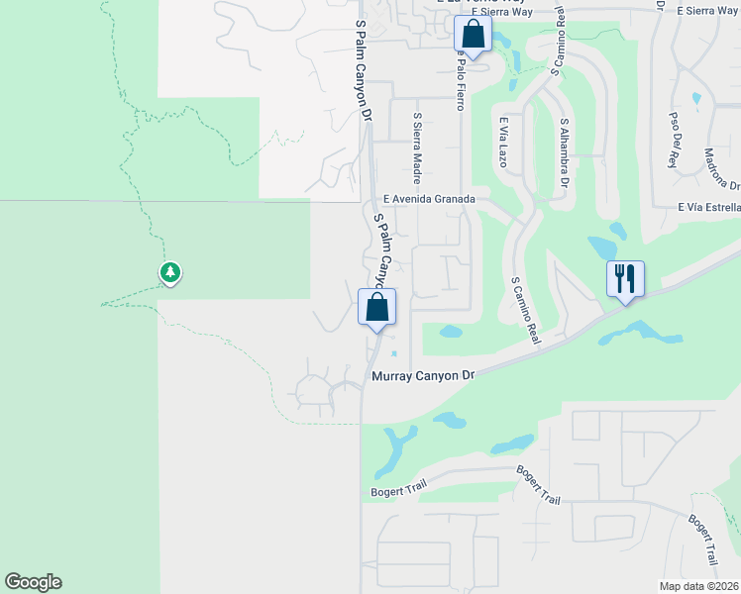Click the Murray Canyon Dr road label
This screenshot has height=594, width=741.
click(x=423, y=376)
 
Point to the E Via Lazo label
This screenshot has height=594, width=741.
click(x=503, y=143)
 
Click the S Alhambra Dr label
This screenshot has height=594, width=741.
click(x=565, y=154)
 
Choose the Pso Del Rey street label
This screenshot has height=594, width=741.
click(x=674, y=140)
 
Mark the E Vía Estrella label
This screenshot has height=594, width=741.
click(x=709, y=207)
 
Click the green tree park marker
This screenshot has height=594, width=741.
click(x=170, y=272)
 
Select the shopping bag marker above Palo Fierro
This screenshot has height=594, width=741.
click(x=474, y=35)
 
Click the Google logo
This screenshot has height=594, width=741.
click(x=33, y=582)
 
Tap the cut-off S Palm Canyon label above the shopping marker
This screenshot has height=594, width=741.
click(x=383, y=247)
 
